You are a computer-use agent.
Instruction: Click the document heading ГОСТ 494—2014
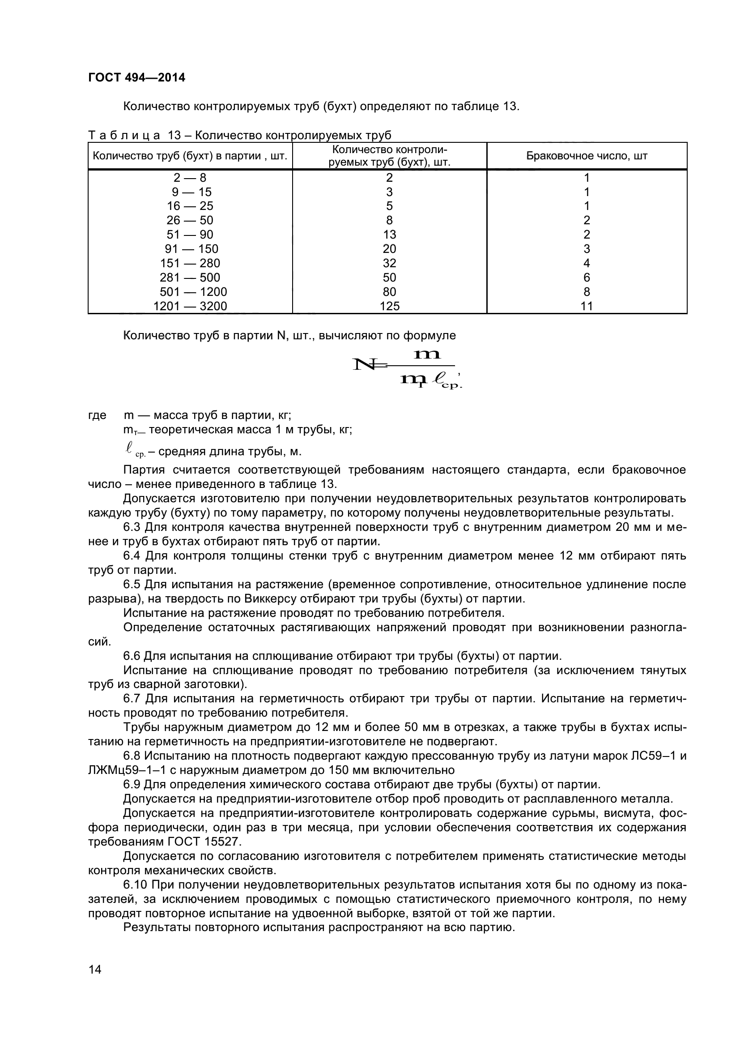click(x=137, y=77)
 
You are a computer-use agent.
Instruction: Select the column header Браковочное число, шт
click(x=587, y=156)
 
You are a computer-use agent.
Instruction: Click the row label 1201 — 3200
click(x=190, y=306)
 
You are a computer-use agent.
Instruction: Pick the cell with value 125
click(x=389, y=306)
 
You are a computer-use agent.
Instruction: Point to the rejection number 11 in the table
click(x=587, y=306)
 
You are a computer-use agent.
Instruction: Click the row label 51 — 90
click(x=190, y=235)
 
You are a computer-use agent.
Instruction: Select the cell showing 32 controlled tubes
click(x=389, y=263)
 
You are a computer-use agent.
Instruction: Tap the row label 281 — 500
click(x=190, y=277)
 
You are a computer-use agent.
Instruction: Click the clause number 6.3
click(x=132, y=527)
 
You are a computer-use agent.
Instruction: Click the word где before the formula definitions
click(x=97, y=415)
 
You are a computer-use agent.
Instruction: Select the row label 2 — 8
click(x=190, y=177)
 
